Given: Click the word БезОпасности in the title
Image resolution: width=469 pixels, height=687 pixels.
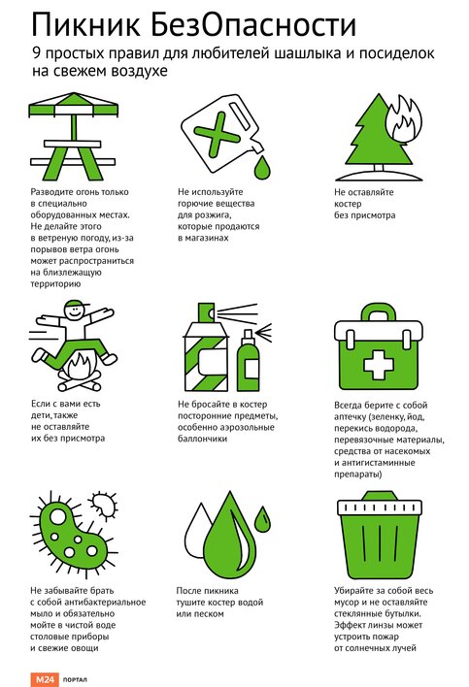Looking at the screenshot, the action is [252, 24].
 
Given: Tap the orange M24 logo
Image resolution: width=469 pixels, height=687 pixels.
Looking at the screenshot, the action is [45, 679].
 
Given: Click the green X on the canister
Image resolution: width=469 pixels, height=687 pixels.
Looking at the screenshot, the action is [217, 134].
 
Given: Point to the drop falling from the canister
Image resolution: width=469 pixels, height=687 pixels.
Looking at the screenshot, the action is [262, 167].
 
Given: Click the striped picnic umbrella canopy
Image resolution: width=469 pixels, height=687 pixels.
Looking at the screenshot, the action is [73, 104].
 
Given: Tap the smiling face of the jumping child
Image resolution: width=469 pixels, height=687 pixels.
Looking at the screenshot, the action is [73, 311].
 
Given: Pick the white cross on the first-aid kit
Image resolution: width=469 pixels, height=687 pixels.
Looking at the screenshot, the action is [379, 365].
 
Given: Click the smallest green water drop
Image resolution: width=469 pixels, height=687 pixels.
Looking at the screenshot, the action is [263, 519].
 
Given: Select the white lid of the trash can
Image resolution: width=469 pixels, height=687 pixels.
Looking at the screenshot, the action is [380, 507].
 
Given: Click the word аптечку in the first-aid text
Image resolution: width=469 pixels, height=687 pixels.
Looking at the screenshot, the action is [350, 417].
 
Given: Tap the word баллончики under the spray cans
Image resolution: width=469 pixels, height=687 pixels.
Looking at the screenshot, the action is [203, 439].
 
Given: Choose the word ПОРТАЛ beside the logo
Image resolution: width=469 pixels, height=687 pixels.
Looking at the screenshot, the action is [75, 680].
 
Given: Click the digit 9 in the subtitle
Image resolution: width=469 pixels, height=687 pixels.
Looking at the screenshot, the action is [36, 53].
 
